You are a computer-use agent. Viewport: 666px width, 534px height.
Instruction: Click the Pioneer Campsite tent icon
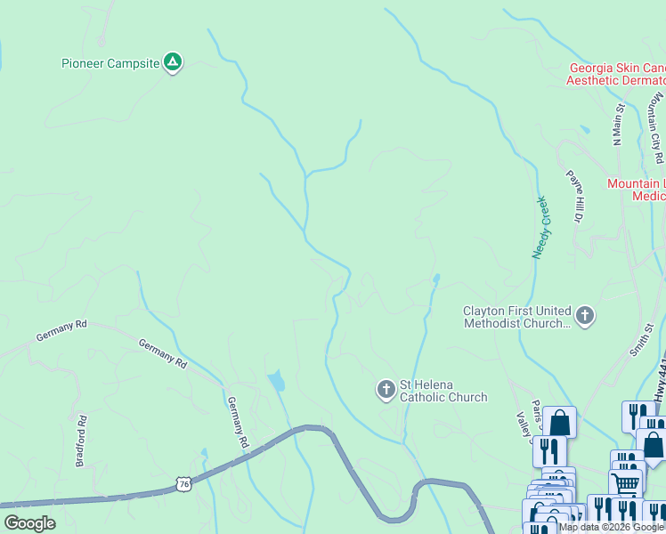(174, 62)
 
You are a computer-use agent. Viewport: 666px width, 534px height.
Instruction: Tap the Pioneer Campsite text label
(110, 63)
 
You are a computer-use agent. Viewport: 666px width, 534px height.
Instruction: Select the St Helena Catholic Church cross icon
(386, 390)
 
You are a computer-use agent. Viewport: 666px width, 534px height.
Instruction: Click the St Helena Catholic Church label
(443, 391)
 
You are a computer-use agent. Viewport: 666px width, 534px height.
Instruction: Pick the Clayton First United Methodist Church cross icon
(585, 315)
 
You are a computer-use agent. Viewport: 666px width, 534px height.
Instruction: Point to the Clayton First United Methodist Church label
(516, 317)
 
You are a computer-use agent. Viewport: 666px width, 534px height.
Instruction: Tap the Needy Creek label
(542, 227)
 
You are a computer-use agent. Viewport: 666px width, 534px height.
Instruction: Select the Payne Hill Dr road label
(576, 195)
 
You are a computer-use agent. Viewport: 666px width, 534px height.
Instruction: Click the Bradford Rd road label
(81, 440)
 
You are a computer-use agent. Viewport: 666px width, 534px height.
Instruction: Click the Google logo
(29, 523)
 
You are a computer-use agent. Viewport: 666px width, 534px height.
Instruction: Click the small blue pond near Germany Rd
(276, 381)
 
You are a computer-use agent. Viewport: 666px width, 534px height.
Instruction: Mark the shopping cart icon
(626, 484)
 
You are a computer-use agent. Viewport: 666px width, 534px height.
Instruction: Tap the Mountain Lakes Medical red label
(636, 190)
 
